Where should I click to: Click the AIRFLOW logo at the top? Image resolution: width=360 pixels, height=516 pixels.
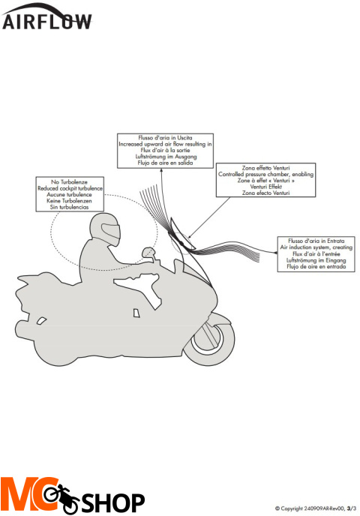point(46,16)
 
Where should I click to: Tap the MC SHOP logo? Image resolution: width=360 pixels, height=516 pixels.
point(73,495)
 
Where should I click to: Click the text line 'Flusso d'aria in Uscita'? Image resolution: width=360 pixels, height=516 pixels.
point(165,138)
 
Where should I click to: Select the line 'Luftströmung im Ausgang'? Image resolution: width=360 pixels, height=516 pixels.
point(166,157)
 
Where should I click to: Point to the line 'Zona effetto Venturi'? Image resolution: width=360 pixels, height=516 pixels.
point(266,168)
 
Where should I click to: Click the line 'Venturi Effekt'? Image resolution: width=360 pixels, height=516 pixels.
point(266,187)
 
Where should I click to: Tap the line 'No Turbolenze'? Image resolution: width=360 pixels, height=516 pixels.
point(70,182)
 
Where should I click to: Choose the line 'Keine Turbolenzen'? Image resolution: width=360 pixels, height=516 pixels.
point(70,201)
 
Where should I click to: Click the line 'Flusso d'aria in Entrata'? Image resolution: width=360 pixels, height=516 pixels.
point(316,241)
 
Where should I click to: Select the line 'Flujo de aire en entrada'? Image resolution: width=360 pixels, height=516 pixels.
point(316,266)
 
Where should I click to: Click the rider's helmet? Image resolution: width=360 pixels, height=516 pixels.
point(105,229)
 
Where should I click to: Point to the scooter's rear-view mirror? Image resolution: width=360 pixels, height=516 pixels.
point(148,253)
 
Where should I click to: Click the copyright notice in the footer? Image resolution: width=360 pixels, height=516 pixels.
point(316,508)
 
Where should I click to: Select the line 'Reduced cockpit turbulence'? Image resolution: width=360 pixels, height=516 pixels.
point(70,188)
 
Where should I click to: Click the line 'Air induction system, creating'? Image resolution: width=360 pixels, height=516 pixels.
point(316,247)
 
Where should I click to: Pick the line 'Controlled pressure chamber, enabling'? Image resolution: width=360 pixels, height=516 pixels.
point(266,174)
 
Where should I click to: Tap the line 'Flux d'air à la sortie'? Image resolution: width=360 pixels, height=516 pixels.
point(165,151)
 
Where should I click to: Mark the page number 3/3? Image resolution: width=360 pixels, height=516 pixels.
point(352,508)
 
